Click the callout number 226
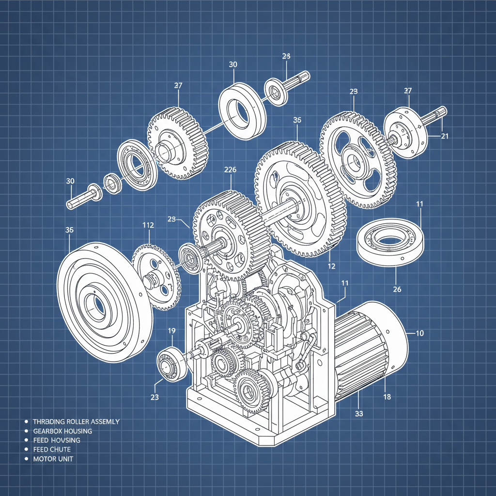231,170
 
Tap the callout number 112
148,225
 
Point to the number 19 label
171,331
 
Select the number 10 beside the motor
419,333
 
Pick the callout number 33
359,414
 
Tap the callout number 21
445,136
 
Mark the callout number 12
331,266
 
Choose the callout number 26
397,290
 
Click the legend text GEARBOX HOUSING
62,431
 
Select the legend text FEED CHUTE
52,449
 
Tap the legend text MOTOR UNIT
53,459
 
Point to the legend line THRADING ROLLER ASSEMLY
76,421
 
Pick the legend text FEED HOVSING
57,440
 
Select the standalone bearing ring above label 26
390,240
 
